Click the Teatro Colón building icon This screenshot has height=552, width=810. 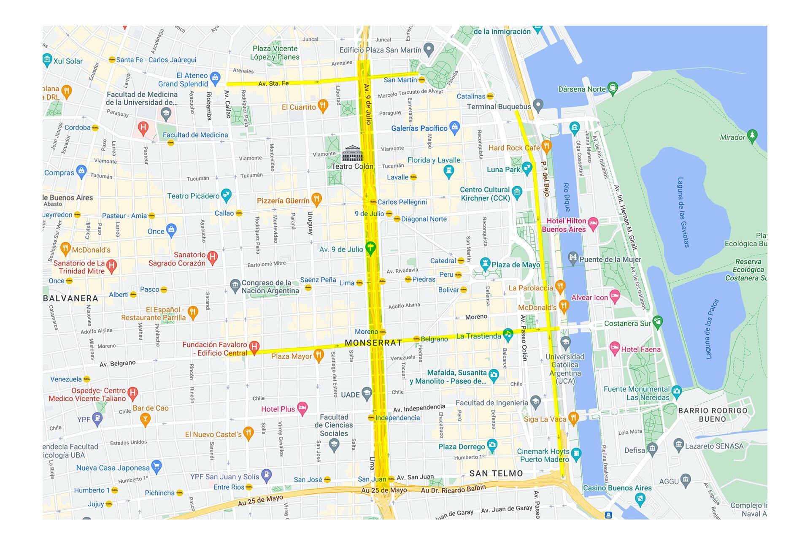click(352, 154)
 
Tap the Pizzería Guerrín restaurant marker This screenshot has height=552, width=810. click(316, 199)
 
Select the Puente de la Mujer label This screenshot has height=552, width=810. click(610, 259)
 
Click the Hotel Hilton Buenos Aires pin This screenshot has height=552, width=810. click(593, 223)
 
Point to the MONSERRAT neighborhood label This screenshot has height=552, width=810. click(373, 343)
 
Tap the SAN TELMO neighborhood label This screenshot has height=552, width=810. click(496, 474)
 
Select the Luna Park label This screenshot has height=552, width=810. click(503, 170)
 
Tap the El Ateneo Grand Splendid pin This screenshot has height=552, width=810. click(215, 77)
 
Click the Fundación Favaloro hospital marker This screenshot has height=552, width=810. click(254, 347)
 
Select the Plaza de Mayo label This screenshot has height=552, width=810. click(516, 265)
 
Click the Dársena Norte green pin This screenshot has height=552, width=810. click(613, 88)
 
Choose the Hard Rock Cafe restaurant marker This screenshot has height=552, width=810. click(546, 146)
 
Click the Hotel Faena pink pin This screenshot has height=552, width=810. click(615, 348)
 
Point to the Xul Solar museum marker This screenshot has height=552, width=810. click(47, 60)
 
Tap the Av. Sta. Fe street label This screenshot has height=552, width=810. click(273, 84)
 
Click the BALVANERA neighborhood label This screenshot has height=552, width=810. click(70, 298)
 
